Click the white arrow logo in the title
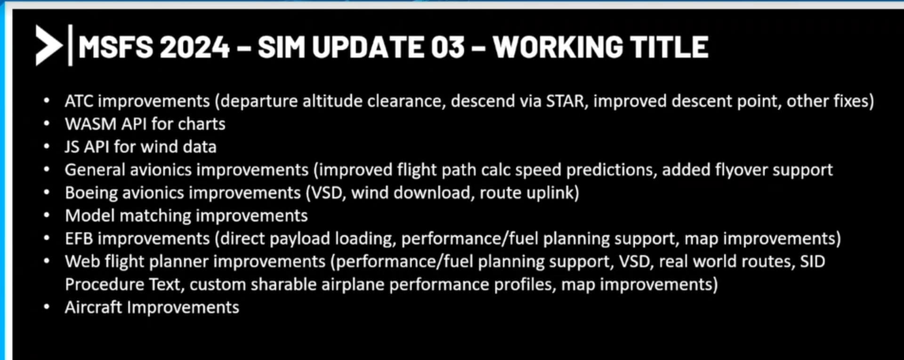click(48, 45)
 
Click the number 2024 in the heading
click(194, 47)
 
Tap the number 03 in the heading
click(448, 47)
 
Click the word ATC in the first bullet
click(79, 101)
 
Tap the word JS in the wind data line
click(72, 147)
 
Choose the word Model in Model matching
click(90, 216)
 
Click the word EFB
click(79, 239)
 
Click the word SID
click(813, 262)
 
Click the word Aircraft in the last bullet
click(93, 307)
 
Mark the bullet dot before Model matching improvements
click(47, 216)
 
